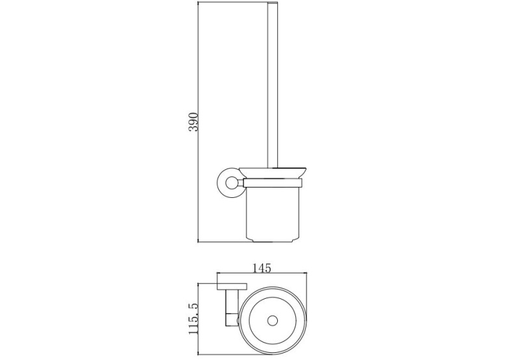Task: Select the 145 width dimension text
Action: tap(262, 268)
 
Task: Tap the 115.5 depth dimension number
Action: tap(193, 319)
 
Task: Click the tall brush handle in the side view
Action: tap(273, 86)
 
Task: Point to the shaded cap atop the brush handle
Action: tap(273, 3)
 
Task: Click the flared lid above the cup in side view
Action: tap(273, 173)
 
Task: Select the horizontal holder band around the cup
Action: tap(273, 183)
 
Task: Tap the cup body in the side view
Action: tap(273, 212)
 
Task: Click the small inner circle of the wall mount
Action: tap(233, 183)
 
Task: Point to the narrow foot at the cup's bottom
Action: tap(273, 241)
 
